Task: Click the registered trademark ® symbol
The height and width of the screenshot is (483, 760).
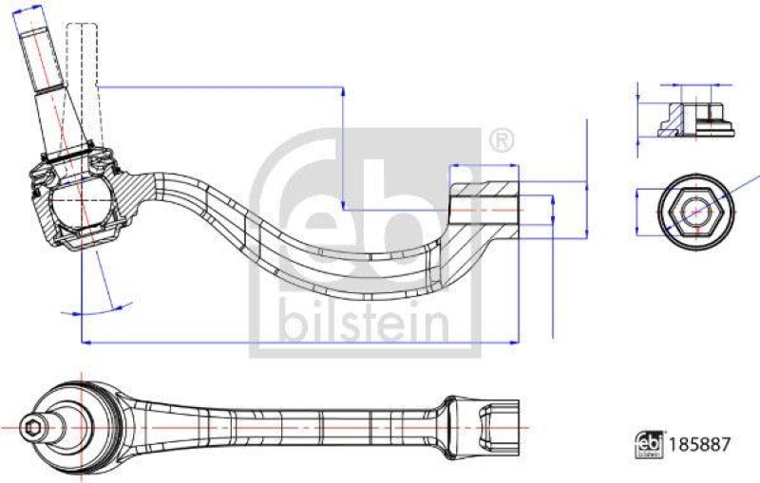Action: pyautogui.click(x=502, y=140)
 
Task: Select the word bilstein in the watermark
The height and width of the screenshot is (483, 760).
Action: pyautogui.click(x=364, y=325)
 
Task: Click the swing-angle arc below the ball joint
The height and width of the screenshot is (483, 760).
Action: pyautogui.click(x=95, y=309)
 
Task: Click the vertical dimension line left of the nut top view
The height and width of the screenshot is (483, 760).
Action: pyautogui.click(x=635, y=210)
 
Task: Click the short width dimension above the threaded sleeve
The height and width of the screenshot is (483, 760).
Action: pyautogui.click(x=484, y=164)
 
